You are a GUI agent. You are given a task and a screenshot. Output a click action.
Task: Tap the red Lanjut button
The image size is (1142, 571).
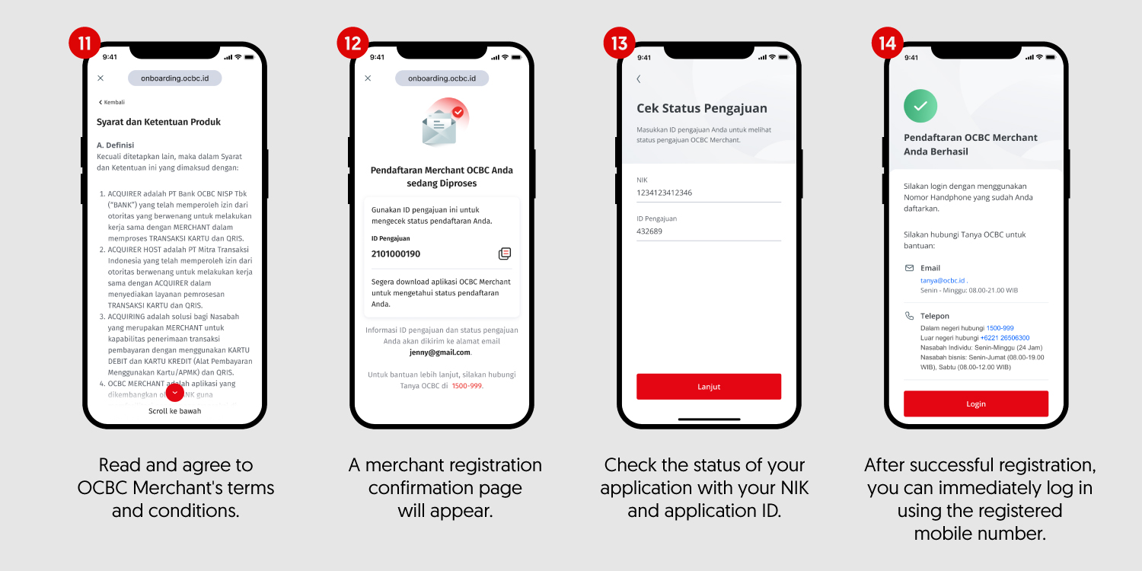point(709,387)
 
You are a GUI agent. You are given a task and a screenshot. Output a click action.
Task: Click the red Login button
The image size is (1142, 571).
point(976,404)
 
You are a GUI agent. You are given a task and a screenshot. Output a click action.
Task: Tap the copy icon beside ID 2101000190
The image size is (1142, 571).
point(504,254)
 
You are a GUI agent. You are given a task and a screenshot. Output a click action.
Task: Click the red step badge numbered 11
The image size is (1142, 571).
point(85,43)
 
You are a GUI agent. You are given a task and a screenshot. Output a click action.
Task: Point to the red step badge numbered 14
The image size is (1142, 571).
point(887,43)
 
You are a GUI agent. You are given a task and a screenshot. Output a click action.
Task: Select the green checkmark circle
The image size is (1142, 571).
point(920,106)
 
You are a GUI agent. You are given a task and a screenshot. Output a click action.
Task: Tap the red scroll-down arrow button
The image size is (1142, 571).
point(175,392)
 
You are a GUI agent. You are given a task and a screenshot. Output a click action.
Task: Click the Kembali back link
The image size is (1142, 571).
point(112,102)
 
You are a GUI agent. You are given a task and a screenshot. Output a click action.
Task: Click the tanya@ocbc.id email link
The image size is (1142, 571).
point(943,280)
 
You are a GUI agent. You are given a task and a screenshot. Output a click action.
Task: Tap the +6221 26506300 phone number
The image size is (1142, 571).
point(1005,338)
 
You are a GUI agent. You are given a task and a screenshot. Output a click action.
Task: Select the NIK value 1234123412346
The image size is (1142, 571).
point(664,193)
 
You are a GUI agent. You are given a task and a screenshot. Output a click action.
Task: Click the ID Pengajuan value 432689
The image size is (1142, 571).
point(649,231)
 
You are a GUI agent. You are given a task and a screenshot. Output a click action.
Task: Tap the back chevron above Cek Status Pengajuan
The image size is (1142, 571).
point(639,79)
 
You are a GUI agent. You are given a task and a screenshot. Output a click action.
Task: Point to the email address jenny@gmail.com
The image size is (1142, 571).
point(439,352)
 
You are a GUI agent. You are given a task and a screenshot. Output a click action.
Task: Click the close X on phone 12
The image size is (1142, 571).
point(368,78)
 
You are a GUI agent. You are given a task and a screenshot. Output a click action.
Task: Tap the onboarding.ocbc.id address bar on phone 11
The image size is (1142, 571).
point(175,78)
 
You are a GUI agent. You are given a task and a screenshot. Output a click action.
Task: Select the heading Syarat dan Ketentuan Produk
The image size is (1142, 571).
point(158,122)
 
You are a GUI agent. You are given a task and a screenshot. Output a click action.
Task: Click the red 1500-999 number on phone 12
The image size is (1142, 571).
point(467,386)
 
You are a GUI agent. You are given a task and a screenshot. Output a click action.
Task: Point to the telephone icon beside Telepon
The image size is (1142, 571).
point(909,316)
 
